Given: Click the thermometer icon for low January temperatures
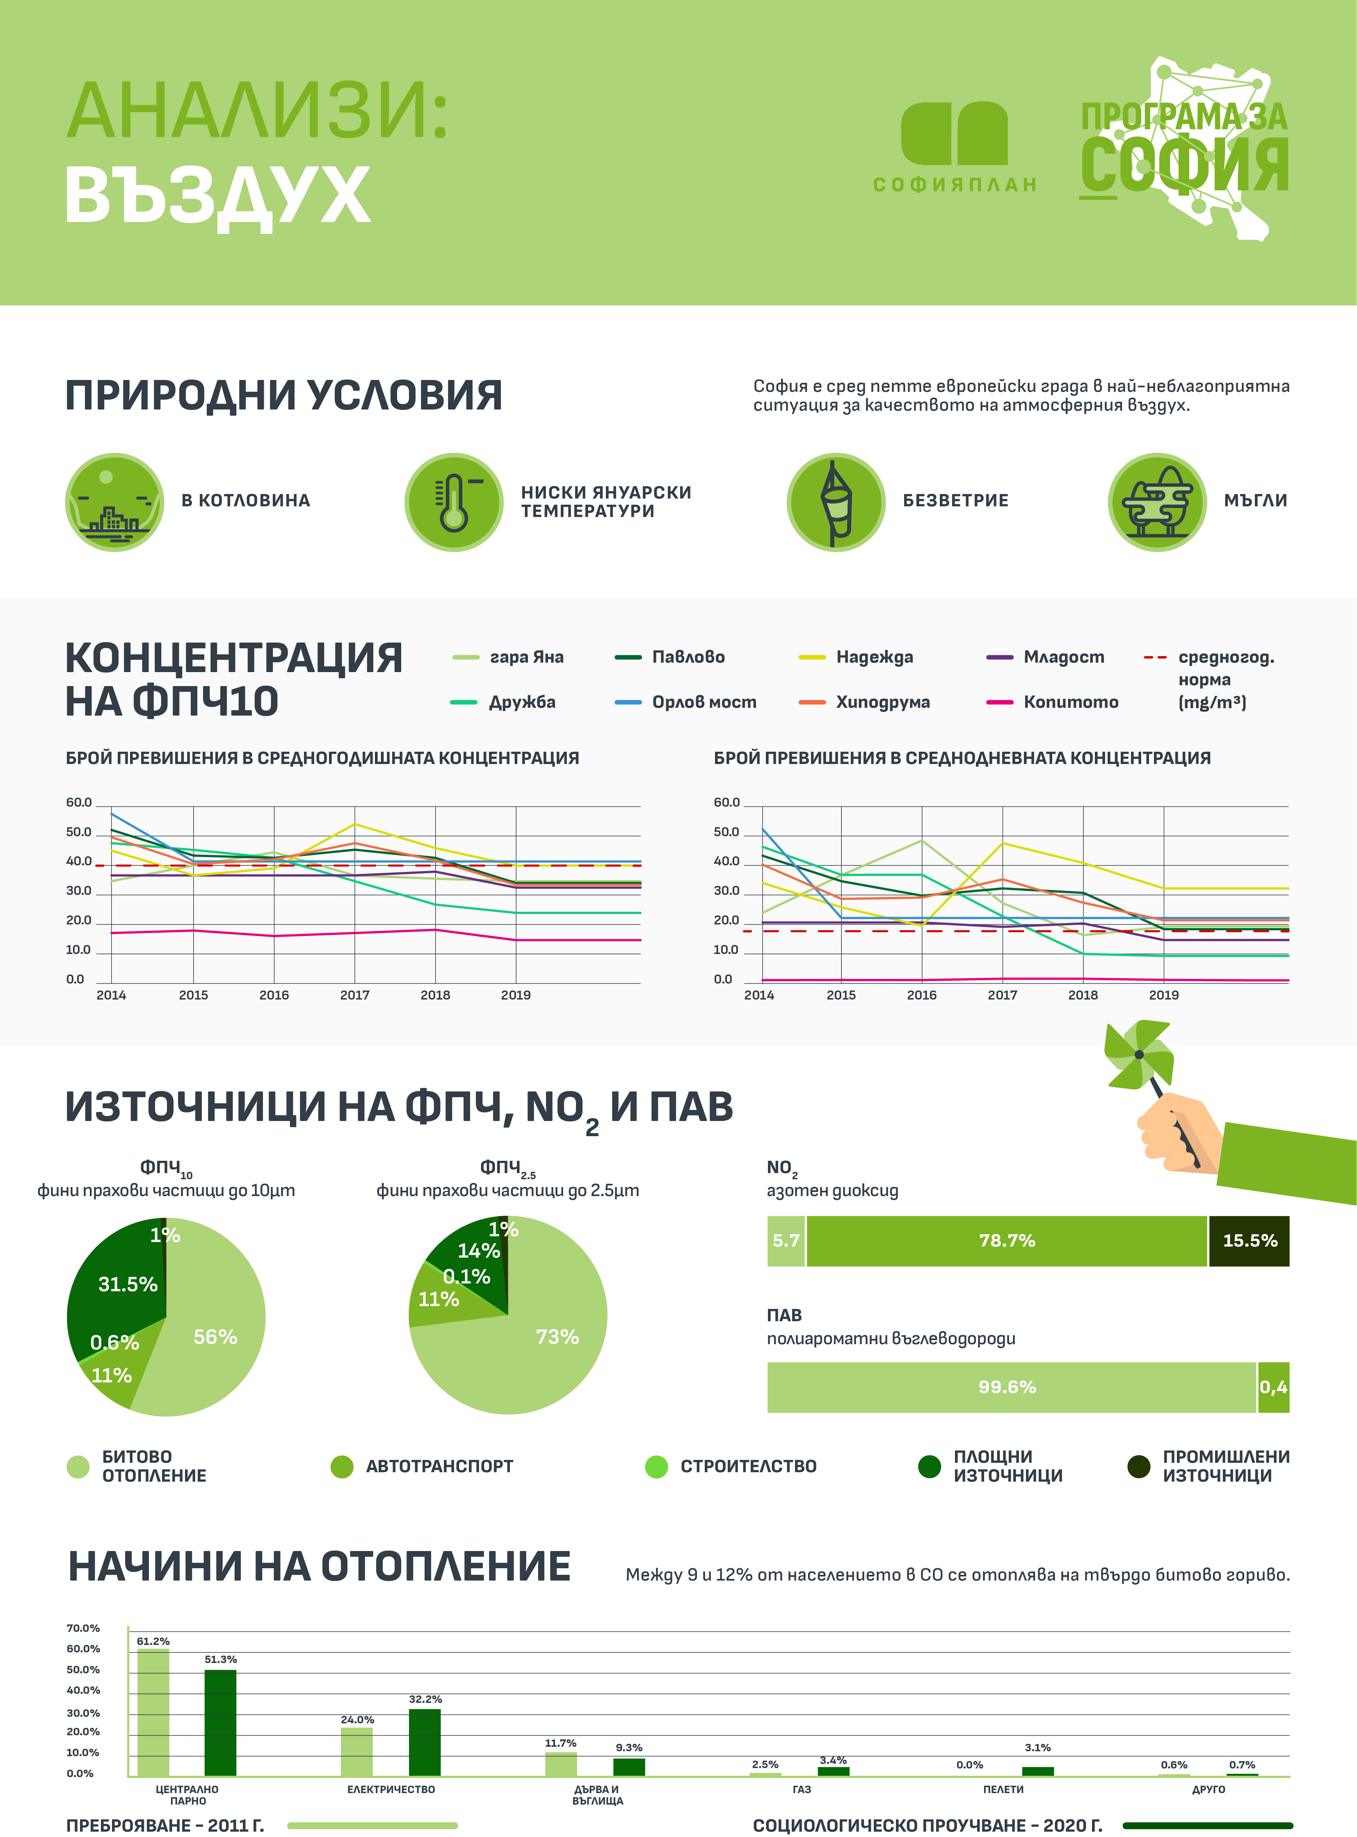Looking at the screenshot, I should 453,502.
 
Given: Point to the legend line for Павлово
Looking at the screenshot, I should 628,657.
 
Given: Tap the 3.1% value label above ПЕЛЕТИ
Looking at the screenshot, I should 1037,1748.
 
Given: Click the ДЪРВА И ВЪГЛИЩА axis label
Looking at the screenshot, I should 597,1795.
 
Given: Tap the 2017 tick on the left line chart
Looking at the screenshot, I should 355,995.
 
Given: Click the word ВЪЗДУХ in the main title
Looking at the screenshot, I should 218,196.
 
